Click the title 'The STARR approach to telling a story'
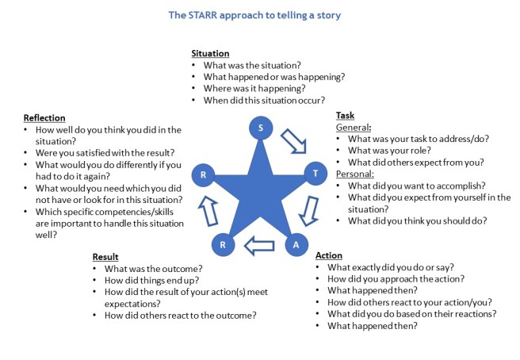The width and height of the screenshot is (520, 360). point(258,14)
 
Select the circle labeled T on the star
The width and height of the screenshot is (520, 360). point(315,173)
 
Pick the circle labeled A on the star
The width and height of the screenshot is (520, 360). point(296,245)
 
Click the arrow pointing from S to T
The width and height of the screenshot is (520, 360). point(294,140)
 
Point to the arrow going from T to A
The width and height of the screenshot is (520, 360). point(312,210)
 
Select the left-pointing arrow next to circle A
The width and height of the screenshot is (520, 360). point(259,247)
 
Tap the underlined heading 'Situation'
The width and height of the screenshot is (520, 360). point(211,52)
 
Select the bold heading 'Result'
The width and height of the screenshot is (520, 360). point(105,257)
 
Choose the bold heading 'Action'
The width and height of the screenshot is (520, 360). point(329,255)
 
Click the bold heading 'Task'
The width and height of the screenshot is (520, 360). point(345,115)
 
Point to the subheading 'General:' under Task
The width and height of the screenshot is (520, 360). point(354,127)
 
